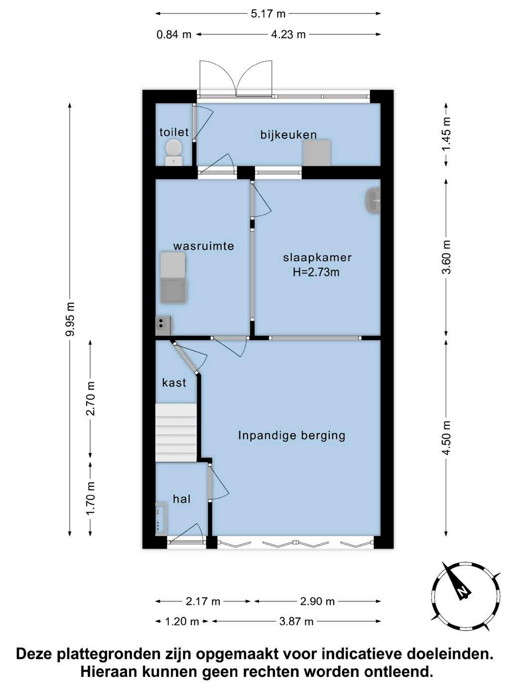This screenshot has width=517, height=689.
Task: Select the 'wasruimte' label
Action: coord(204,246)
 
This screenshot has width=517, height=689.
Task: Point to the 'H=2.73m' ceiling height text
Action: coord(316,272)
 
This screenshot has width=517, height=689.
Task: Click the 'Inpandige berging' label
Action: coord(291,436)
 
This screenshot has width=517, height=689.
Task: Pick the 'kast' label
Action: coord(174,383)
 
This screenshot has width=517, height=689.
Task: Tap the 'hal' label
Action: coord(182,499)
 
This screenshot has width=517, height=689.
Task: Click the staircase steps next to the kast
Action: coord(176,433)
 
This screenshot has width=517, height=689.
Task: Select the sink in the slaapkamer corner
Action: coord(373,201)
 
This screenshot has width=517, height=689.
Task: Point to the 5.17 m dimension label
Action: coord(268,14)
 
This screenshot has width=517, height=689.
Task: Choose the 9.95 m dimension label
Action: coord(70,319)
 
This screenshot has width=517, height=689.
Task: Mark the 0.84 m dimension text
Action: coord(174,34)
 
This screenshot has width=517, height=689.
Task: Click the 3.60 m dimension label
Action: coord(446,257)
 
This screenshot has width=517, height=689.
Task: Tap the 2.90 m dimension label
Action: coord(317,601)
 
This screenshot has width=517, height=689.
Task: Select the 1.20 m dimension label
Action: coord(182,621)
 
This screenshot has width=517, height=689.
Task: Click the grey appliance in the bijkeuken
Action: coord(316,152)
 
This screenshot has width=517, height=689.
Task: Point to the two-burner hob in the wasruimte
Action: coord(163,325)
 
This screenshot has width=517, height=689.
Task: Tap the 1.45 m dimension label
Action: coord(446,134)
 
